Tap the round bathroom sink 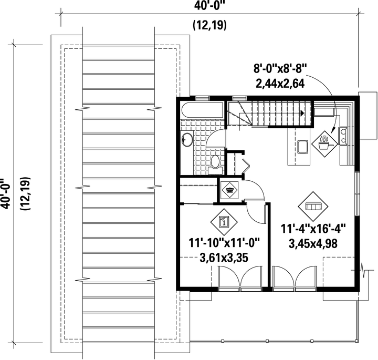187,139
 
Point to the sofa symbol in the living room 313,207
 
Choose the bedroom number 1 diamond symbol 224,222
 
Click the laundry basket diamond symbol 229,190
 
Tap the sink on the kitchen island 302,147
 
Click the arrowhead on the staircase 302,112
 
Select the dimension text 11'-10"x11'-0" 224,243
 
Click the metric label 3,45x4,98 313,244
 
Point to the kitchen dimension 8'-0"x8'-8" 280,69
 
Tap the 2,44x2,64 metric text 280,83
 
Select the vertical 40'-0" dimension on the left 5,193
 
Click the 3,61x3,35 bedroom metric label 224,258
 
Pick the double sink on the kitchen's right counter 343,136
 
